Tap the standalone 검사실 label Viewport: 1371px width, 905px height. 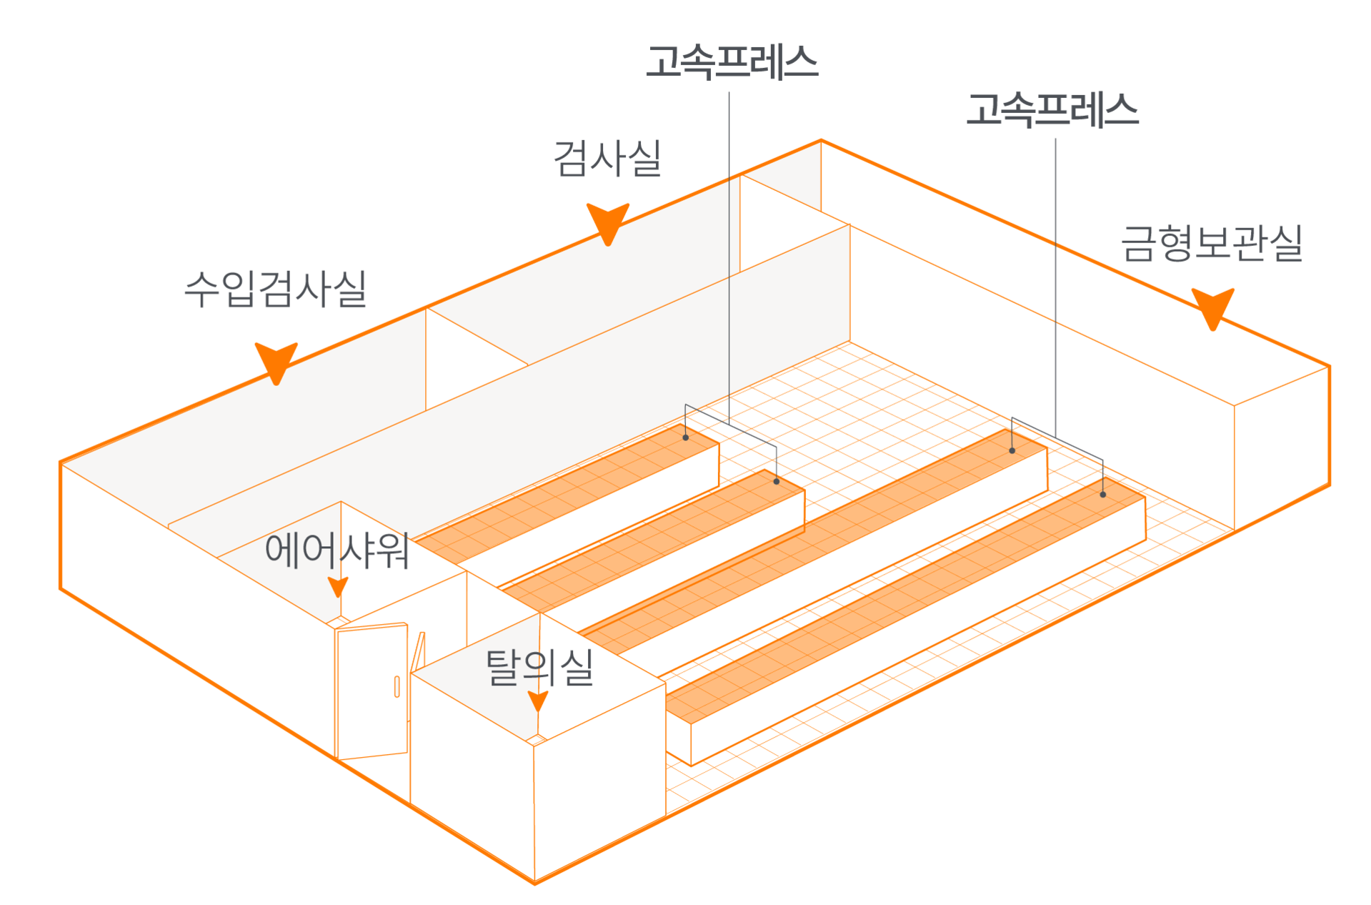pos(607,158)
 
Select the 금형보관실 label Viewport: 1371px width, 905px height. pos(1211,243)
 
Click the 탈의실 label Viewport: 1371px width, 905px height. pos(539,668)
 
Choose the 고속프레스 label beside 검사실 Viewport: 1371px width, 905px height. pos(732,61)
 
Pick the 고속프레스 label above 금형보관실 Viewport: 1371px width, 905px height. pos(1052,109)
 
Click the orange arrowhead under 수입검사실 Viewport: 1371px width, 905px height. pos(276,361)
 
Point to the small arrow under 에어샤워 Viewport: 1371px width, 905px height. pos(338,587)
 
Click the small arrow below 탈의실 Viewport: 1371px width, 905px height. pos(538,701)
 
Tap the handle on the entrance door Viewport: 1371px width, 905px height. pos(397,686)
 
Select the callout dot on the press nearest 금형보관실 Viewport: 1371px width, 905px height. pos(1103,495)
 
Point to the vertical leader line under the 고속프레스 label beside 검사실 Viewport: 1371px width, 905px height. pos(729,250)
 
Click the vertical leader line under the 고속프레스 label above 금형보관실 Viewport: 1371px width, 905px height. pos(1056,286)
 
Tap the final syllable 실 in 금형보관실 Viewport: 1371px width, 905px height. pos(1286,243)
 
